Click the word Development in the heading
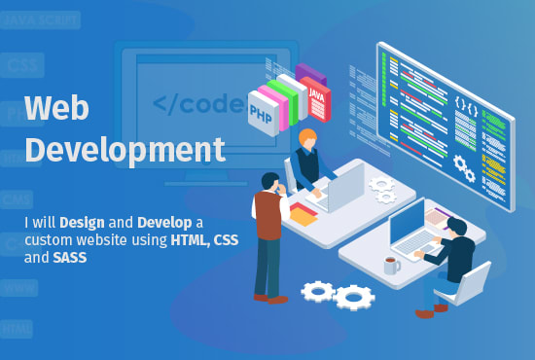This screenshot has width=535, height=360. (x=125, y=150)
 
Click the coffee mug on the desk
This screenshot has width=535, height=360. (x=390, y=265)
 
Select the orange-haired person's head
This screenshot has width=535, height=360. (x=307, y=138)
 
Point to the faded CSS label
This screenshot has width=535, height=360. (x=20, y=65)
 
